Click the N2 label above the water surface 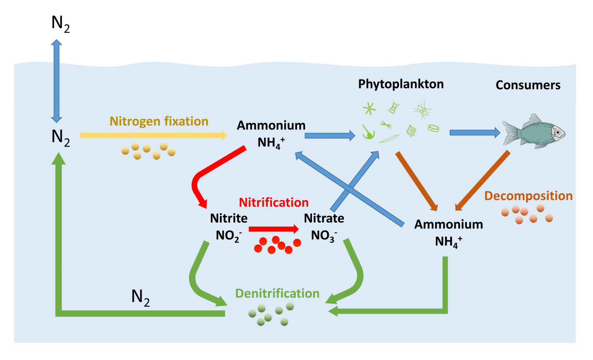pos(60,24)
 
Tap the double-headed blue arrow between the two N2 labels pos(56,81)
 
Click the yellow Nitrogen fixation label pos(159,122)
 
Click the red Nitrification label pos(273,203)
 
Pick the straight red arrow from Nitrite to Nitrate pos(273,229)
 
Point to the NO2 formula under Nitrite pos(229,236)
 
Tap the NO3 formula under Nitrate pos(324,236)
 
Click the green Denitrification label pos(277,294)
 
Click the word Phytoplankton pos(401,84)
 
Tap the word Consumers pos(528,85)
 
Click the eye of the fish pos(557,132)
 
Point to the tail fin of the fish pos(510,133)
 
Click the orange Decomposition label pos(528,196)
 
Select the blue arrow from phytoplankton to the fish pos(474,133)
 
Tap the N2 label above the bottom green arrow pos(140,297)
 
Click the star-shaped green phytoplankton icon pos(369,108)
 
